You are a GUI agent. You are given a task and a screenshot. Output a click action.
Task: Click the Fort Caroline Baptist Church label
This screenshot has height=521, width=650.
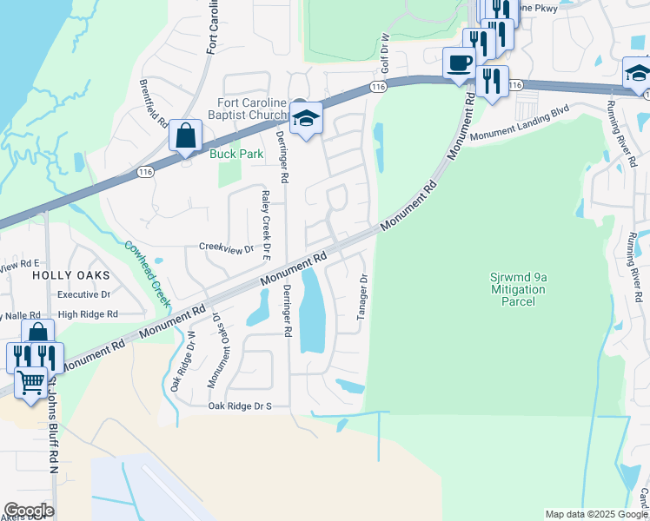252,109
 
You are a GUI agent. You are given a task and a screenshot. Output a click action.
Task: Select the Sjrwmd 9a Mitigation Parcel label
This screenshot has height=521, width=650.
517,289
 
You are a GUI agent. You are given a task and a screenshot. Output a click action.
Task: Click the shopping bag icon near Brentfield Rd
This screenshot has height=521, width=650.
185,136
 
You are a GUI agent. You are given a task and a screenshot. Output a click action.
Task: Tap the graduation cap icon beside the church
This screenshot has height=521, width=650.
306,120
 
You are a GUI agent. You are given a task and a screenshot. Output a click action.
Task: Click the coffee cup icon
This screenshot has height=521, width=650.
459,63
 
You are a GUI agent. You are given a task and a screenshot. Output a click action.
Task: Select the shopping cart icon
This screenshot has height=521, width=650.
31,382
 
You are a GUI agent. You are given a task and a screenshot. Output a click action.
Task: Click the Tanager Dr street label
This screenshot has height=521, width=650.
363,297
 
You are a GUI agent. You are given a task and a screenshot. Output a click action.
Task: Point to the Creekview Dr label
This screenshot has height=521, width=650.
226,247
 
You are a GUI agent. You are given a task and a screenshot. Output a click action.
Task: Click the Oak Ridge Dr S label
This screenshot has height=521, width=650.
240,406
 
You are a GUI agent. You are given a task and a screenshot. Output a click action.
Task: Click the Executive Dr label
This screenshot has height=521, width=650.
84,294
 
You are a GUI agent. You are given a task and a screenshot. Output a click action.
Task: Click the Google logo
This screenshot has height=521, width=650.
29,510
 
